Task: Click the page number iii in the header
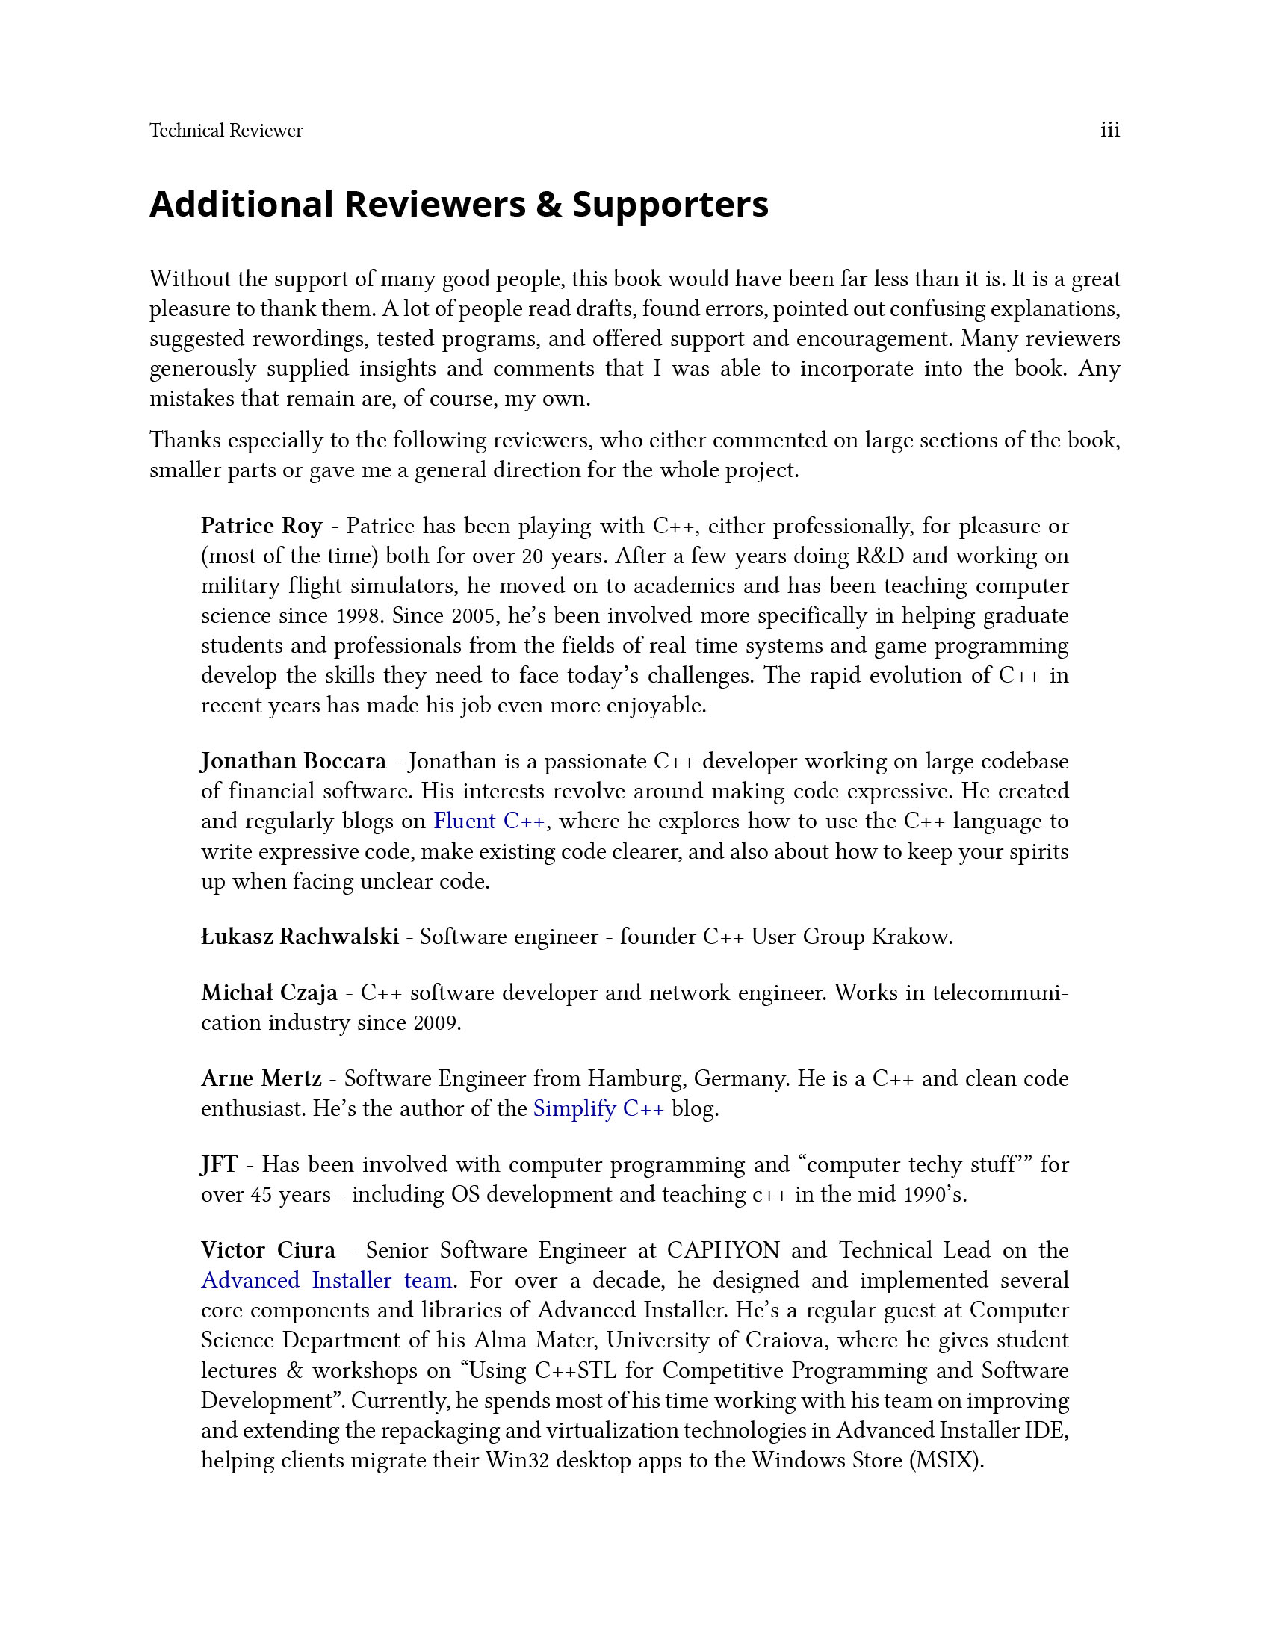(x=1109, y=130)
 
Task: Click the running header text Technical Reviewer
(x=226, y=131)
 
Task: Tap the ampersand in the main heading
(x=549, y=205)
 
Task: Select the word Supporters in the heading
(x=670, y=205)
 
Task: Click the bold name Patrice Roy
(x=261, y=526)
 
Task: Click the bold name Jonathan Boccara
(x=294, y=761)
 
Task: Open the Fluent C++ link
(x=489, y=821)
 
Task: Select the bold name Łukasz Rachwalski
(x=300, y=937)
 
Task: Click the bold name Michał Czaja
(x=270, y=993)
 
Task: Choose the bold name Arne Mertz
(x=261, y=1079)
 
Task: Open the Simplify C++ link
(x=599, y=1109)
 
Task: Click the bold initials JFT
(x=219, y=1164)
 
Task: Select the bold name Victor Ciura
(x=268, y=1250)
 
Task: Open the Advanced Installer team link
(x=326, y=1280)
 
